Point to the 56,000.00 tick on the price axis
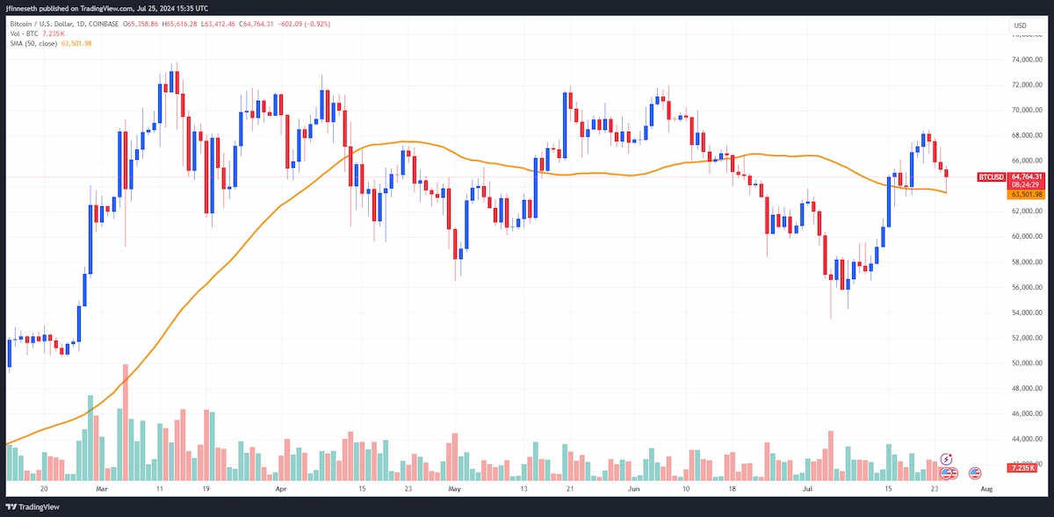(x=1027, y=287)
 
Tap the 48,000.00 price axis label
(x=1027, y=388)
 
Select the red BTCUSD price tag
(x=991, y=177)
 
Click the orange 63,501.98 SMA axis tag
(x=1026, y=194)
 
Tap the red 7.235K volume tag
(x=1022, y=468)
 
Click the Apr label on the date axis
(x=281, y=489)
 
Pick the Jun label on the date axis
(x=633, y=489)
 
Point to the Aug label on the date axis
(x=986, y=489)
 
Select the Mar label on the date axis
(x=102, y=489)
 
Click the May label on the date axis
(x=454, y=489)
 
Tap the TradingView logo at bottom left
(x=32, y=506)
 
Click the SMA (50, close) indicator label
(x=33, y=43)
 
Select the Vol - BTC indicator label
(x=24, y=34)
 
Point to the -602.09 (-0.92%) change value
(x=304, y=24)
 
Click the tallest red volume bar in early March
(x=125, y=422)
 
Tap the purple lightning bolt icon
(x=946, y=459)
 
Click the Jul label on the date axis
(x=807, y=489)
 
